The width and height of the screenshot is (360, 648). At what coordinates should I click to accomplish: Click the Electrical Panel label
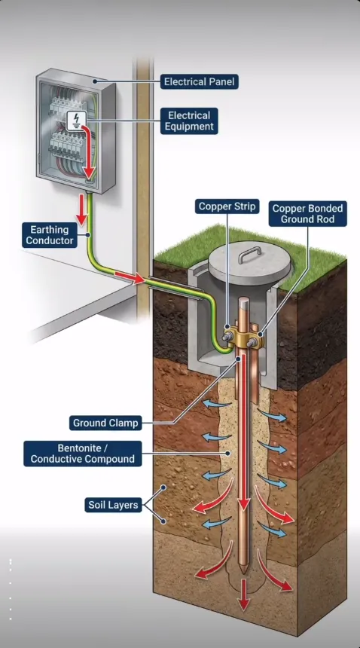pyautogui.click(x=200, y=82)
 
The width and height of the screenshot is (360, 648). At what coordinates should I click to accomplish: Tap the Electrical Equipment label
pyautogui.click(x=189, y=121)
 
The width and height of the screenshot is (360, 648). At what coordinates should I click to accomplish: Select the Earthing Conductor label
pyautogui.click(x=50, y=235)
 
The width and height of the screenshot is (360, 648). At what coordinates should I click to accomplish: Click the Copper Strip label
pyautogui.click(x=227, y=206)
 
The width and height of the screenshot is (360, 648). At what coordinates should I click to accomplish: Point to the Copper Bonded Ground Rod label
pyautogui.click(x=307, y=214)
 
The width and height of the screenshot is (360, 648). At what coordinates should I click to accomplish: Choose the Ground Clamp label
pyautogui.click(x=105, y=423)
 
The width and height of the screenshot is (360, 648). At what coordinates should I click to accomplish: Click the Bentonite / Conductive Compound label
pyautogui.click(x=83, y=454)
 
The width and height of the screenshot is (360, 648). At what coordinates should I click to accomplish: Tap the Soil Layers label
pyautogui.click(x=113, y=505)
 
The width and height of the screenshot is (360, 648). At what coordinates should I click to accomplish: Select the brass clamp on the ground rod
pyautogui.click(x=245, y=337)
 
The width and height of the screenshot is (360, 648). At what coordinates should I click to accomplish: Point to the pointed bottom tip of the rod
pyautogui.click(x=243, y=573)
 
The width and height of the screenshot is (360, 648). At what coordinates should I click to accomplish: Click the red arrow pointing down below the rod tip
pyautogui.click(x=244, y=595)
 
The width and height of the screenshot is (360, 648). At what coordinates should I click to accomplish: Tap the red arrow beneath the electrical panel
pyautogui.click(x=83, y=209)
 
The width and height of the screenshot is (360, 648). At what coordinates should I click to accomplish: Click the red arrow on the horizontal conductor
pyautogui.click(x=130, y=277)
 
